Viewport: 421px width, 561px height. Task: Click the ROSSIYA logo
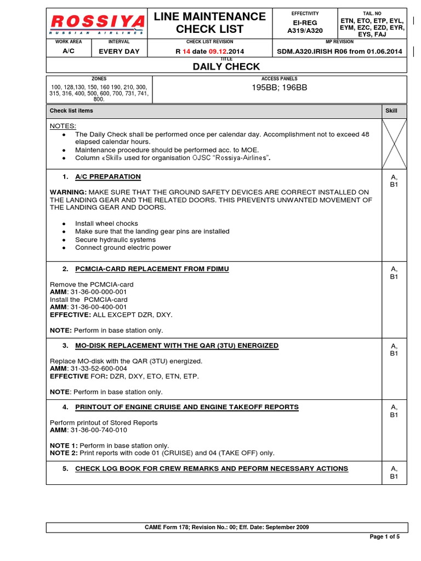coord(98,24)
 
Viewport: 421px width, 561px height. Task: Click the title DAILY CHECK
coord(226,66)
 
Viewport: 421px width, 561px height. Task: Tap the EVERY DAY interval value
coord(119,51)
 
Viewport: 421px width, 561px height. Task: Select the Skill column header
coord(391,111)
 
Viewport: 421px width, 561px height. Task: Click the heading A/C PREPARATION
coord(107,176)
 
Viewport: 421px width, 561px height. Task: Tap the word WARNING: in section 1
coord(68,192)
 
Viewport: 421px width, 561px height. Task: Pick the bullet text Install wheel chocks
coord(106,224)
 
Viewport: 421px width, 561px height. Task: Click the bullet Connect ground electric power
coord(123,248)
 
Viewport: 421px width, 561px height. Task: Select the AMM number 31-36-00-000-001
coord(99,292)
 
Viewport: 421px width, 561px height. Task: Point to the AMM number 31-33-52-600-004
coord(99,369)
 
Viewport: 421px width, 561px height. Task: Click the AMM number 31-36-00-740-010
coord(99,430)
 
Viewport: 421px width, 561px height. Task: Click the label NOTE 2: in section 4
coord(64,453)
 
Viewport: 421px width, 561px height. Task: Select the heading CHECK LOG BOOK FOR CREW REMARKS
coord(211,468)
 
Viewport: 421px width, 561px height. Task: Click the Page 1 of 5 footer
coord(385,537)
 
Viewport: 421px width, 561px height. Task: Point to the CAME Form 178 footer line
coord(226,527)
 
